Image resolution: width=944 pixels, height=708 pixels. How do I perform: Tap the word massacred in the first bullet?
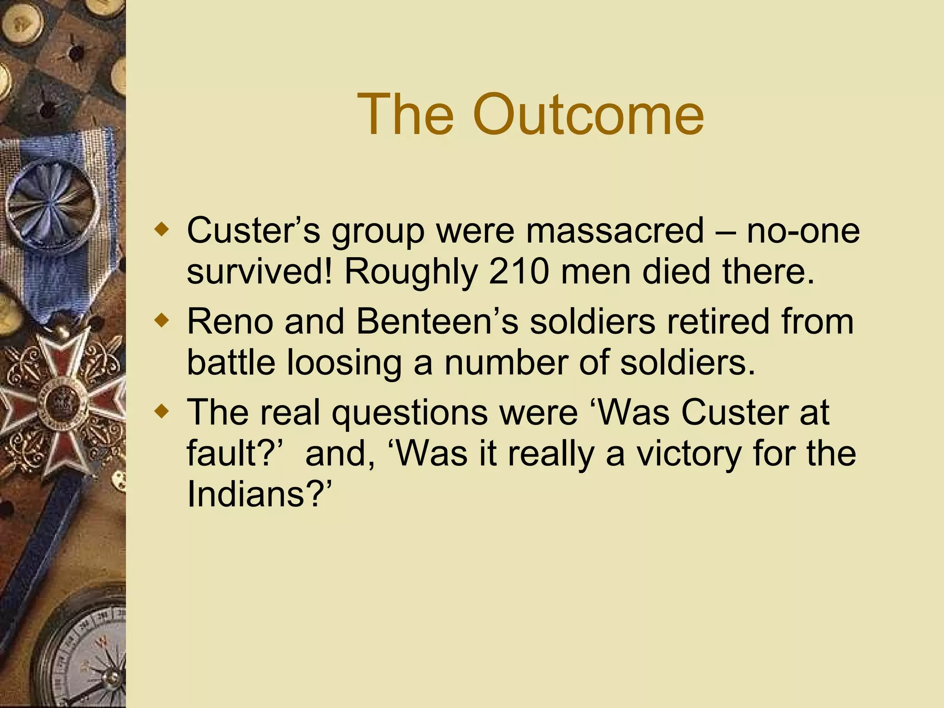coord(615,230)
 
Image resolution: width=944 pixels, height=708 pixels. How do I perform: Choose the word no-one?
coord(802,230)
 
